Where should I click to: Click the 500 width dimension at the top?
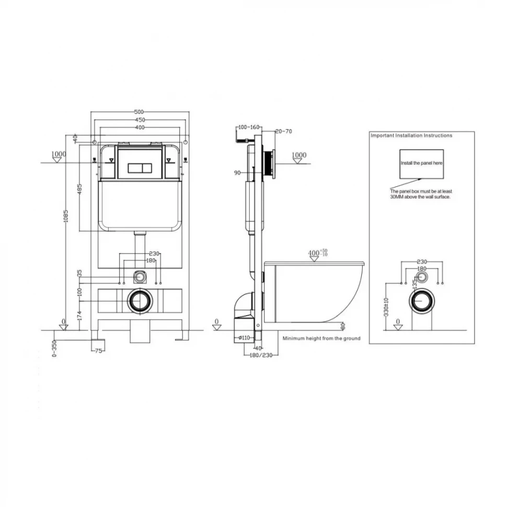click(x=139, y=112)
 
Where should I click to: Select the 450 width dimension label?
click(x=139, y=120)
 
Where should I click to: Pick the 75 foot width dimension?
click(x=98, y=351)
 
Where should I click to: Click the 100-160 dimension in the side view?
click(x=249, y=127)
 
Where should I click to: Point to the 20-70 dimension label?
click(x=283, y=131)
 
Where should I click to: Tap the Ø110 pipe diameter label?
click(x=244, y=338)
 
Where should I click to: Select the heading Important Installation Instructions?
click(x=411, y=135)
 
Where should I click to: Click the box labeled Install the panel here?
click(x=422, y=164)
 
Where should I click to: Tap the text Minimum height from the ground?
click(x=321, y=339)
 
